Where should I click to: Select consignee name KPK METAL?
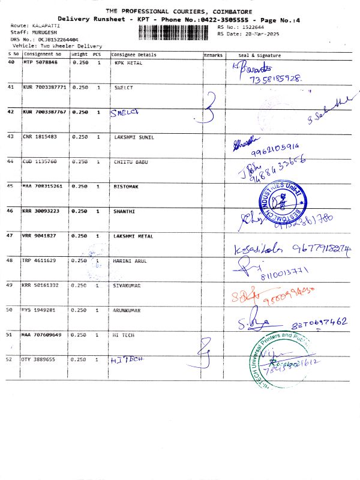pyautogui.click(x=128, y=62)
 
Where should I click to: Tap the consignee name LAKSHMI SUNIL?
pyautogui.click(x=134, y=137)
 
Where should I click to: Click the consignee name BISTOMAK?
pyautogui.click(x=126, y=187)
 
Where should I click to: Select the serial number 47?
pyautogui.click(x=10, y=236)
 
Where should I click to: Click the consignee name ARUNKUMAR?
pyautogui.click(x=127, y=310)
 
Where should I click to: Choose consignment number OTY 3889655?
pyautogui.click(x=39, y=359)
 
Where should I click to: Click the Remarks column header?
pyautogui.click(x=213, y=55)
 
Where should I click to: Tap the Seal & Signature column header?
pyautogui.click(x=260, y=55)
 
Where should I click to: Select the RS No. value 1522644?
pyautogui.click(x=250, y=28)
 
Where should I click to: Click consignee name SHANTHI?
pyautogui.click(x=124, y=211)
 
